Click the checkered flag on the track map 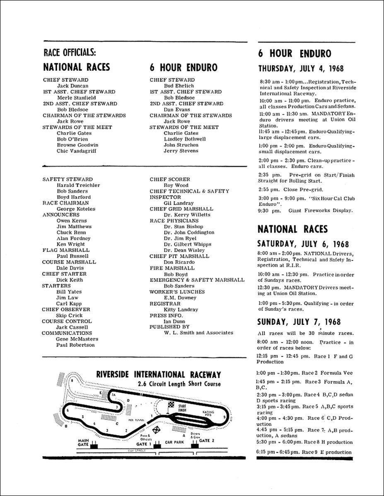[x=171, y=406]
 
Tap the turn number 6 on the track [x=67, y=411]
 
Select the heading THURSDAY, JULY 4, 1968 [x=304, y=69]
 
